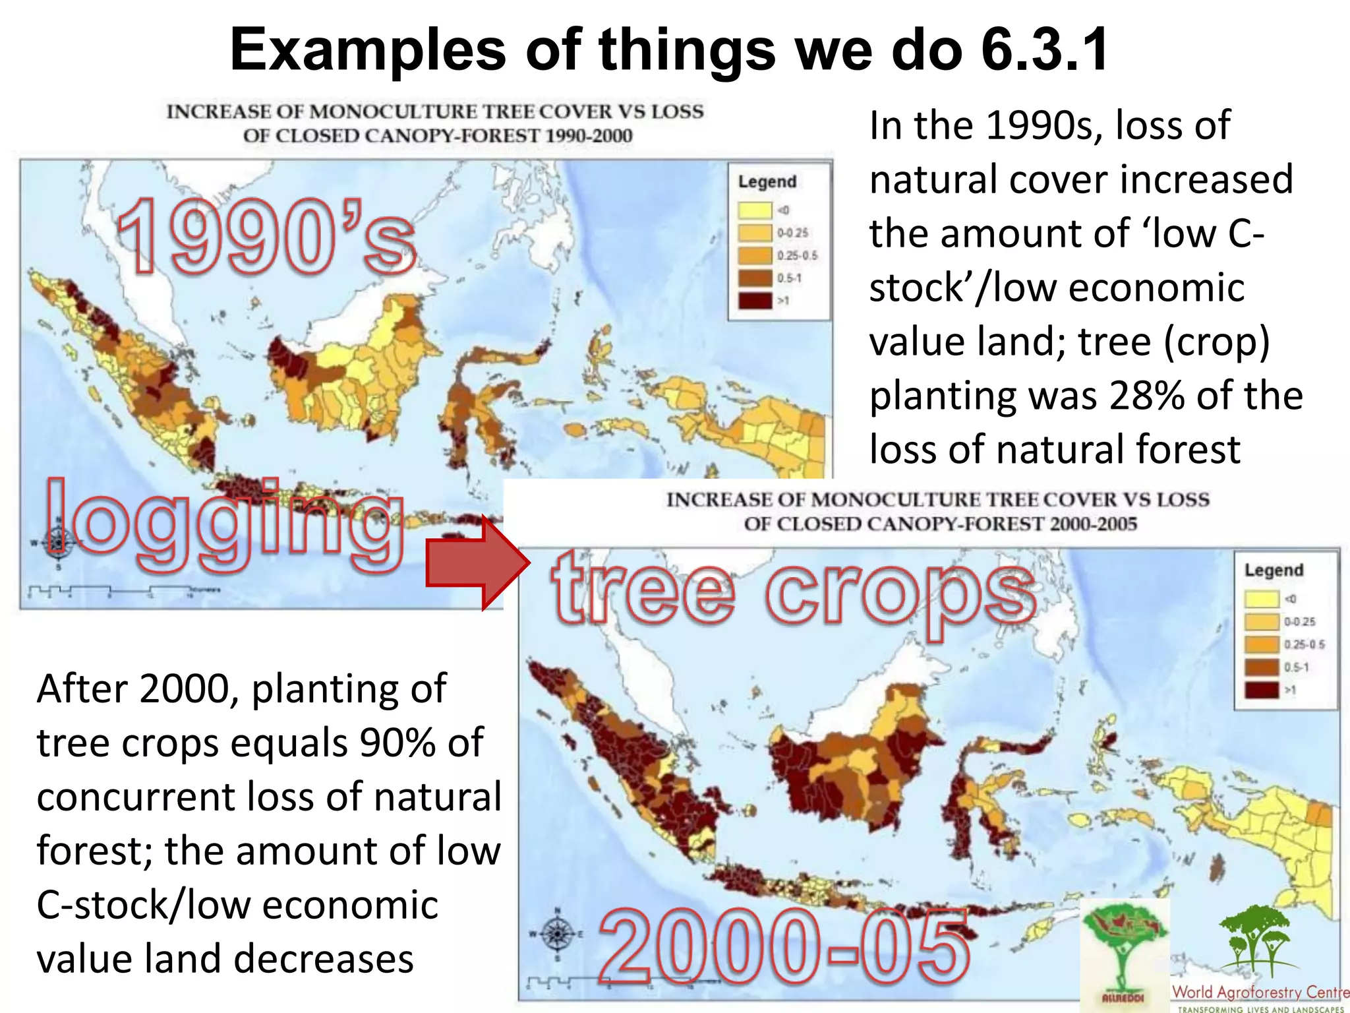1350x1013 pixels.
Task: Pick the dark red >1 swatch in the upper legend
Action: click(755, 301)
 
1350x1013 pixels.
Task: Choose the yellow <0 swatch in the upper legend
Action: click(755, 210)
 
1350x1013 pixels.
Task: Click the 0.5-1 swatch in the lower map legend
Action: click(1261, 667)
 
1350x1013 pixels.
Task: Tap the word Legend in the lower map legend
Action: click(1274, 570)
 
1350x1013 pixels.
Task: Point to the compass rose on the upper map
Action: click(57, 543)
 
